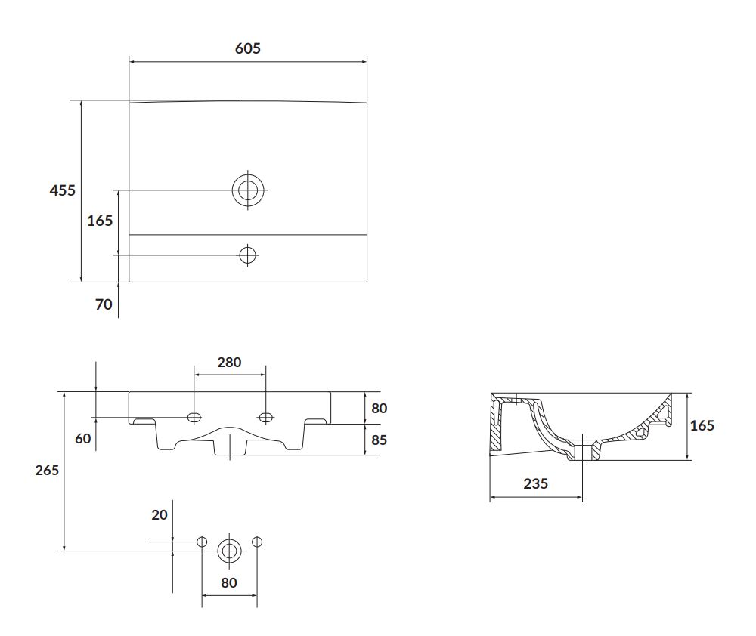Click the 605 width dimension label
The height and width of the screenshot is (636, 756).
coord(248,48)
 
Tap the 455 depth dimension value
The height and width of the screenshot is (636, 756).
coord(63,190)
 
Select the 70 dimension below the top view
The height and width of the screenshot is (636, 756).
coord(104,304)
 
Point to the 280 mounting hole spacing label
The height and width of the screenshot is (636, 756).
coord(229,363)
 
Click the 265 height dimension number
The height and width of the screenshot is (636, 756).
coord(47,471)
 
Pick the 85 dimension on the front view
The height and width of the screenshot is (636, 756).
coord(380,440)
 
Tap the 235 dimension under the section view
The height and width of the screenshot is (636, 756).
coord(536,483)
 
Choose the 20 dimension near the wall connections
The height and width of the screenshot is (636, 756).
coord(160,515)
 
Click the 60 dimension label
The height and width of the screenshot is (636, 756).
coord(83,438)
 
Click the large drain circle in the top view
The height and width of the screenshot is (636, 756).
coord(248,190)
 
